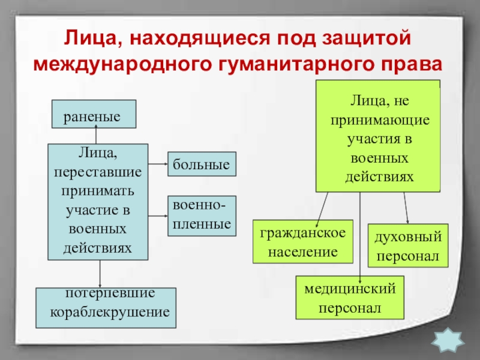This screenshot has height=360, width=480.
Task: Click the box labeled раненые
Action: coord(95,114)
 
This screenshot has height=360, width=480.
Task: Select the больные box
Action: coord(202,163)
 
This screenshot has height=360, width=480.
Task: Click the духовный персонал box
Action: coord(407,245)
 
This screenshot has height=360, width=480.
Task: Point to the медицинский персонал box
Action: coord(350,298)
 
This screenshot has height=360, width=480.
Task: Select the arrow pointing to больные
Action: coord(157,163)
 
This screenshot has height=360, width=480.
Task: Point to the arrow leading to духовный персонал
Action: coord(406,207)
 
